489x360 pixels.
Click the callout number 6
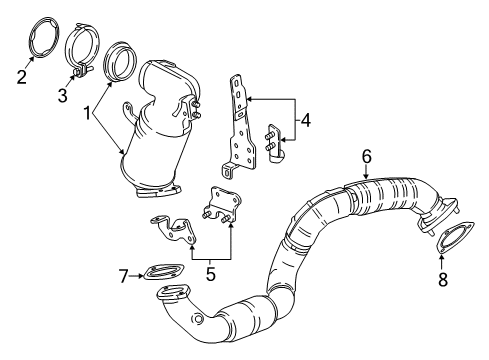[x=366, y=156]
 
